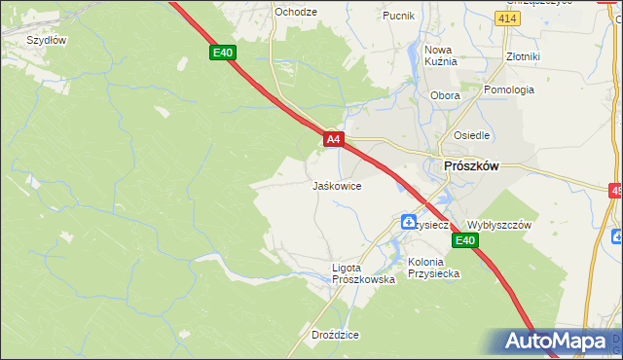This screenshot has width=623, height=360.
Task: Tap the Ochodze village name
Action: pyautogui.click(x=296, y=12)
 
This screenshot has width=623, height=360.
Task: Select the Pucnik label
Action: pyautogui.click(x=399, y=16)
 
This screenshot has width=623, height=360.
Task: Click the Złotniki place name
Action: pyautogui.click(x=523, y=56)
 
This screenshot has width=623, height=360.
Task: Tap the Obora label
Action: pyautogui.click(x=445, y=95)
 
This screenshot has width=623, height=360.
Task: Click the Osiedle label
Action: pyautogui.click(x=471, y=135)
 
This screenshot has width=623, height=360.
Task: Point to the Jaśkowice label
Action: pyautogui.click(x=337, y=185)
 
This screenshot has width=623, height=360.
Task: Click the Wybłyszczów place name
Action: pyautogui.click(x=499, y=224)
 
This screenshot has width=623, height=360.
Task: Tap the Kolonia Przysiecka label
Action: pyautogui.click(x=434, y=268)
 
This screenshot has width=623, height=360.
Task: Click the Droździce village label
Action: pyautogui.click(x=335, y=335)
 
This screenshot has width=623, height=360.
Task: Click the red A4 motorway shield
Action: pyautogui.click(x=333, y=140)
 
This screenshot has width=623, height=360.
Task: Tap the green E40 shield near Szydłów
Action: pyautogui.click(x=223, y=53)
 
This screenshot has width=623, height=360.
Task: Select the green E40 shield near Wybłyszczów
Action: pyautogui.click(x=466, y=241)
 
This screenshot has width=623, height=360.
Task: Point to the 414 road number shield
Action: pyautogui.click(x=506, y=18)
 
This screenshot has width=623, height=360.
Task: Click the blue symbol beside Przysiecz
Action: pyautogui.click(x=409, y=223)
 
